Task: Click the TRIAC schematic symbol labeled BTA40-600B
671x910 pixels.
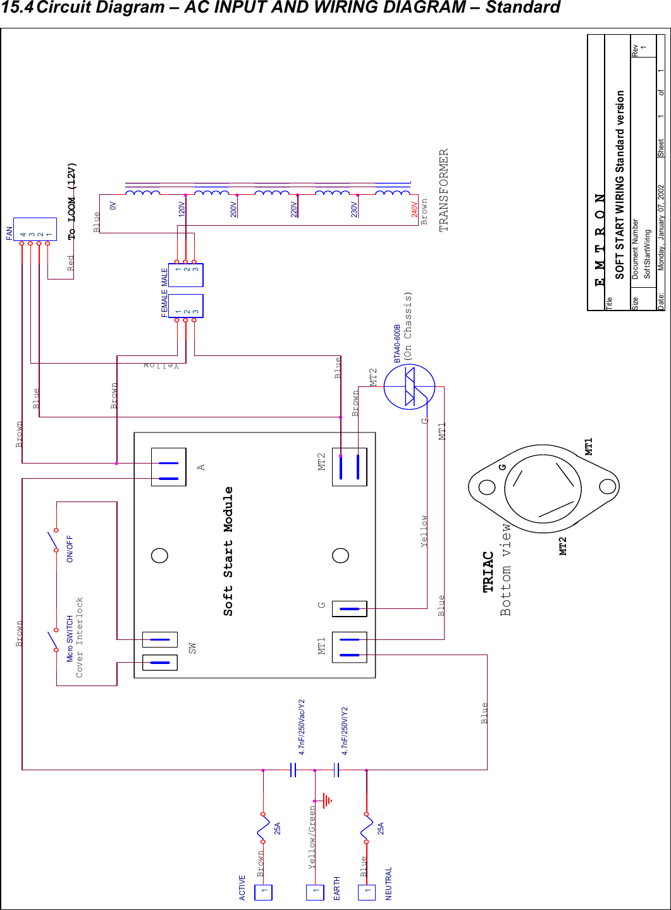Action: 410,387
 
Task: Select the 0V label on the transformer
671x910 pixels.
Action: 113,206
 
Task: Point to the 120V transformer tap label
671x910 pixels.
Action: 182,209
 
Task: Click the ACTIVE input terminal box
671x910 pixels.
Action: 263,892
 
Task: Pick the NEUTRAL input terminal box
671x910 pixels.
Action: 366,892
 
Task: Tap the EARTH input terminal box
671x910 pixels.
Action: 315,892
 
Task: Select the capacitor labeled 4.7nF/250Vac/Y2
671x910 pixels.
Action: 293,770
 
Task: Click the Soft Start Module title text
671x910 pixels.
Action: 228,551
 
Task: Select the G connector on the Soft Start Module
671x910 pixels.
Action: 349,609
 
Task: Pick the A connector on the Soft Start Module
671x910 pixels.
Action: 168,467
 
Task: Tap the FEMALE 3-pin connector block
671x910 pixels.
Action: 185,306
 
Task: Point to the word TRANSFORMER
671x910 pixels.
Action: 444,190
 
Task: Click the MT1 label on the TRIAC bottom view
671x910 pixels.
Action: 589,446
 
